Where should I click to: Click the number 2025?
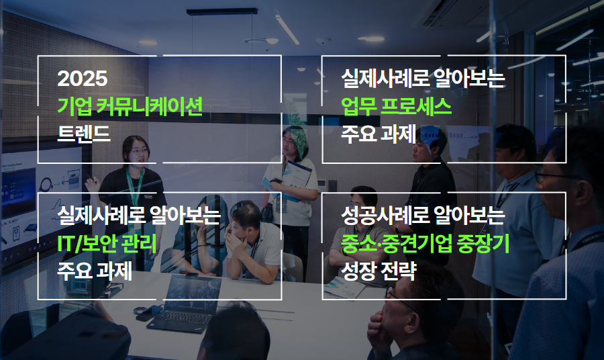83,79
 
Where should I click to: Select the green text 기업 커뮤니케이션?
130,105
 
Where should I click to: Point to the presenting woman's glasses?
138,151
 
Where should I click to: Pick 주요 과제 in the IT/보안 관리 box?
95,273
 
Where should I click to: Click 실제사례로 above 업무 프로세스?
376,79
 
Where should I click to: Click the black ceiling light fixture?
221,11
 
